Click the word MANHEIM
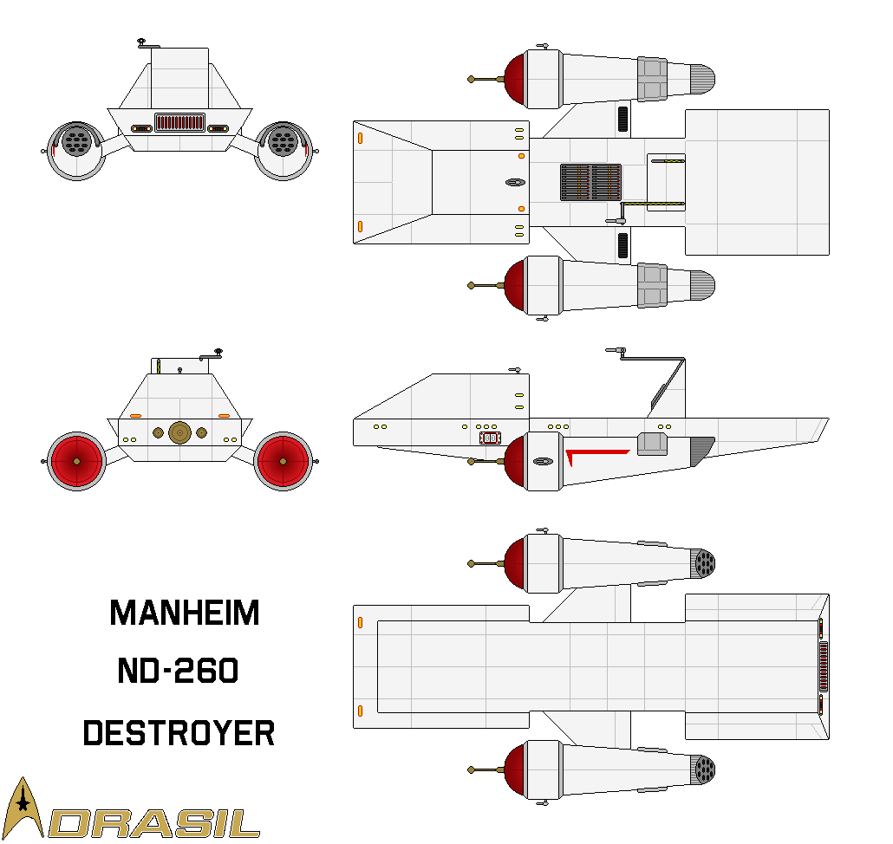point(185,614)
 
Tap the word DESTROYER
point(179,733)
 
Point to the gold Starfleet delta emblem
point(24,807)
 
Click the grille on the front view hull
point(179,122)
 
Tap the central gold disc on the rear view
point(179,432)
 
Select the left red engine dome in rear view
point(76,461)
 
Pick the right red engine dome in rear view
point(284,461)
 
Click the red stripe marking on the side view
point(596,453)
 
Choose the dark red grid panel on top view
point(590,182)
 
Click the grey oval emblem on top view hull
point(515,183)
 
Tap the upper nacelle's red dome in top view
point(515,79)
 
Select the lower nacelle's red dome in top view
point(515,285)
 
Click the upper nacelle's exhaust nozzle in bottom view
point(704,565)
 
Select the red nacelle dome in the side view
point(515,462)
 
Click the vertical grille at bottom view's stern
point(823,666)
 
